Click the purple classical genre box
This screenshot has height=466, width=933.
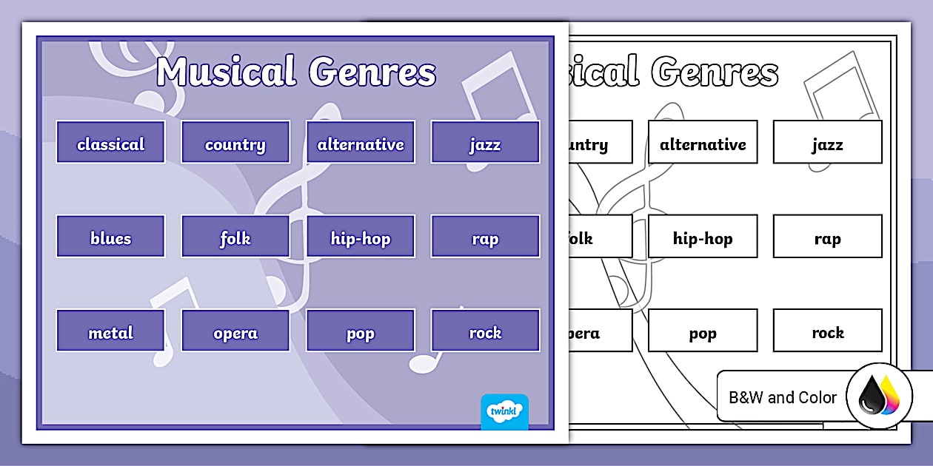[110, 142]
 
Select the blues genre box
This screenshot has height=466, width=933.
[110, 237]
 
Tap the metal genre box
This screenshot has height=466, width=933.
[110, 331]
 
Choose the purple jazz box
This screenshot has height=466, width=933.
[485, 142]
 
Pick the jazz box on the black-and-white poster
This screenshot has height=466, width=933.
[827, 142]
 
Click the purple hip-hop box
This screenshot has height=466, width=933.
[361, 237]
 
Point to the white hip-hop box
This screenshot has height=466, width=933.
[703, 237]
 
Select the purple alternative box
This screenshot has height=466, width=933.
[361, 142]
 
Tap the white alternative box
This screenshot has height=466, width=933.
[703, 142]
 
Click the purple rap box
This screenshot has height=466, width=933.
[485, 237]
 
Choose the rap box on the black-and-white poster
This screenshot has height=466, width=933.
[827, 237]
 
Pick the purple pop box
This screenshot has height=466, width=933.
[361, 331]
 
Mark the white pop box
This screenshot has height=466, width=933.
[703, 331]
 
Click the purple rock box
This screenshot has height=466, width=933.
[485, 331]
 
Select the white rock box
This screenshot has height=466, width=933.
[827, 331]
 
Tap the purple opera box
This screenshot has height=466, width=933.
[235, 331]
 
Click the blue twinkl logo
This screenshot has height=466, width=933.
[504, 411]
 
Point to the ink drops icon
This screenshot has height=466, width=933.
[879, 396]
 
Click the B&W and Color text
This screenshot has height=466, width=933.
[783, 397]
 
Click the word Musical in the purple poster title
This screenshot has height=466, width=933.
[227, 72]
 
